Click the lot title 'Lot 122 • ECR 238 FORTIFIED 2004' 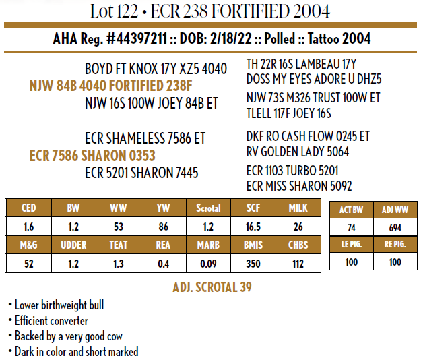click(210, 11)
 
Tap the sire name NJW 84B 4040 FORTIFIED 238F click(112, 86)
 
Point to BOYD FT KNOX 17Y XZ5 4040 click(156, 69)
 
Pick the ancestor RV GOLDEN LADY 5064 click(298, 152)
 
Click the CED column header click(28, 208)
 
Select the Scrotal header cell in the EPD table click(208, 208)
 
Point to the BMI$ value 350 click(253, 264)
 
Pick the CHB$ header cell click(298, 245)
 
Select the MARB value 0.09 click(208, 264)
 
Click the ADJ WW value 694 click(395, 228)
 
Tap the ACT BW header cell click(352, 209)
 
